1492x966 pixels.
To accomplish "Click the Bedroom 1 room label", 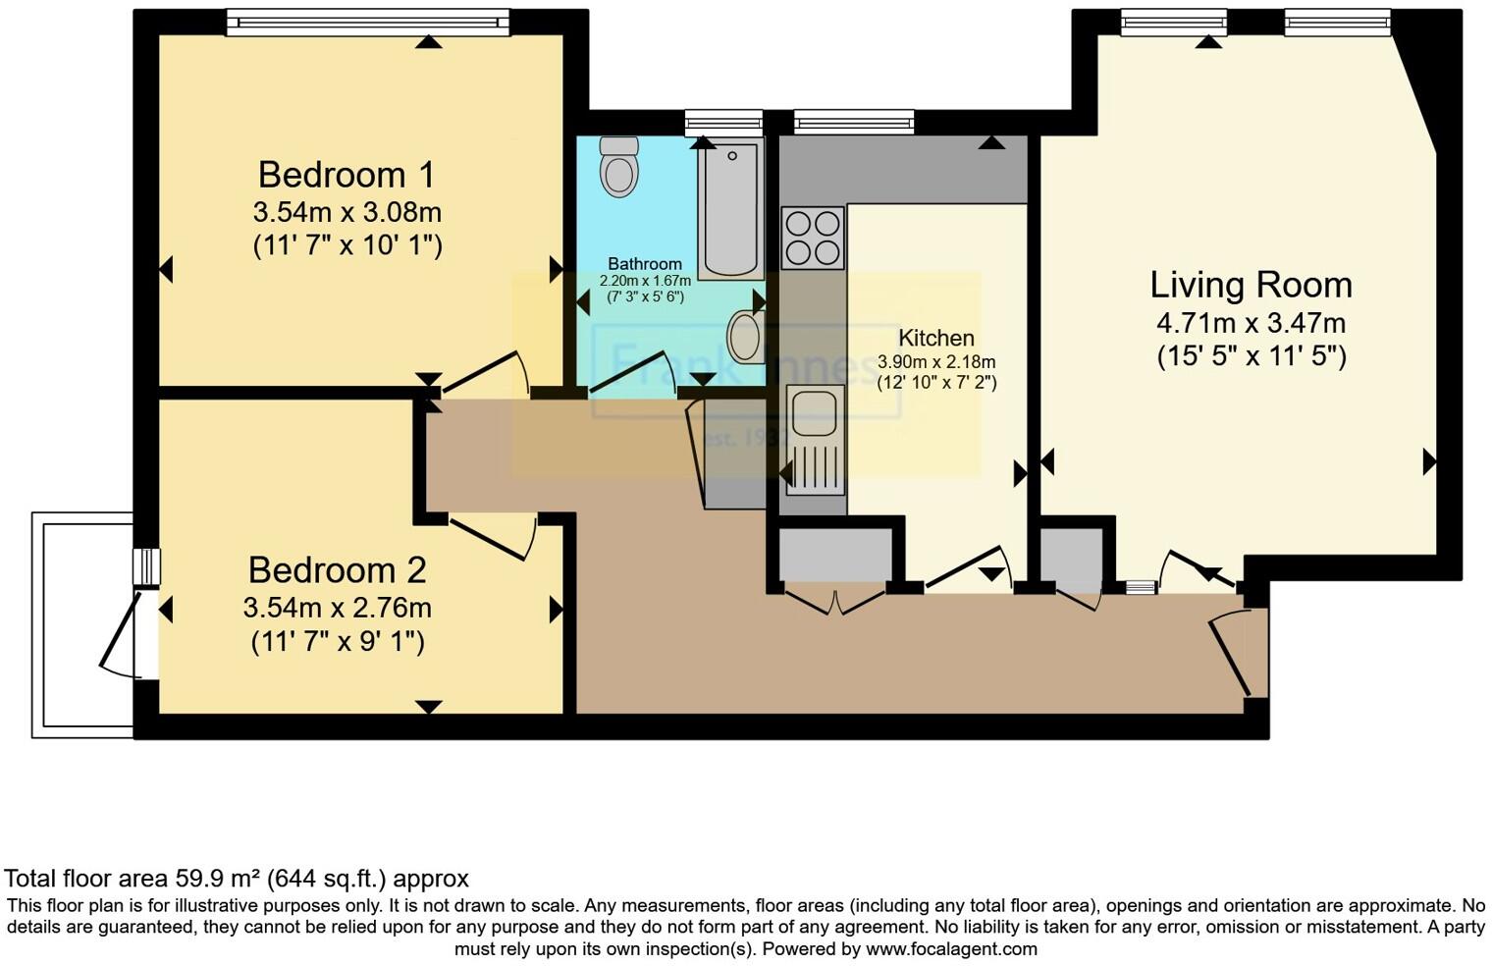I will click(x=346, y=175).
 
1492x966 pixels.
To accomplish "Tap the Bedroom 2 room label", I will click(x=337, y=570).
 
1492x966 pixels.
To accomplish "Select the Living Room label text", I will click(x=1251, y=285).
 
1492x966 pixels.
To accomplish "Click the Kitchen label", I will click(x=935, y=338).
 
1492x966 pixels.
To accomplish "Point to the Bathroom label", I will click(x=644, y=264).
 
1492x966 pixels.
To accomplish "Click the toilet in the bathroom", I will click(x=618, y=167).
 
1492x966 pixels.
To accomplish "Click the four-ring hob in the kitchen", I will click(x=813, y=238).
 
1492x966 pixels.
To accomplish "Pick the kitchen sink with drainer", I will click(x=814, y=438).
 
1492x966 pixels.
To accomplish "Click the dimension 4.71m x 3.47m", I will click(x=1251, y=322).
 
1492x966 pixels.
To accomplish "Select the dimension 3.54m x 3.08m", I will click(x=346, y=212).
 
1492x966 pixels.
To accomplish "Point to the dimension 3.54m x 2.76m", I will click(x=337, y=608).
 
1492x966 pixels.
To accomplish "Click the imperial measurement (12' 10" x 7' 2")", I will click(x=936, y=383).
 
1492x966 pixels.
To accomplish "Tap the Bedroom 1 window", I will click(x=368, y=22).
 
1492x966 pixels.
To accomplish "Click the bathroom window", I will click(x=723, y=122).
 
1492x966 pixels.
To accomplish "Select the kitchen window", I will click(x=854, y=122).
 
